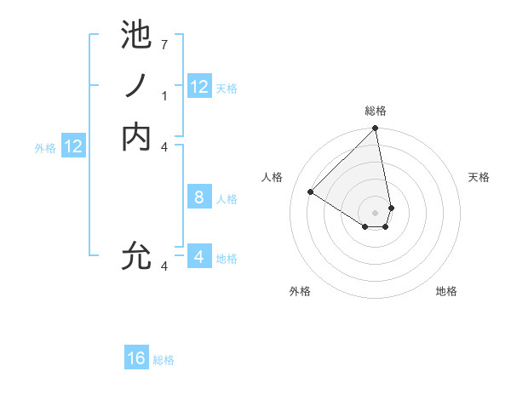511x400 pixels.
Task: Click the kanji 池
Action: pos(136,35)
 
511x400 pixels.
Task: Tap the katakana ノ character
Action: pos(136,86)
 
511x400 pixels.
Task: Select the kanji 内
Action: pos(136,136)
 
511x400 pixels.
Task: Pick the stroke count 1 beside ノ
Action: pos(164,96)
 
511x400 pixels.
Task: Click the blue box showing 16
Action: pos(136,358)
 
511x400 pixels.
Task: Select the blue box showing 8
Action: pos(199,197)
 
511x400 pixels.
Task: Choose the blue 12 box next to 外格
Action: pos(74,146)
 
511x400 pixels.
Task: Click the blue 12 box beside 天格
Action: pos(199,87)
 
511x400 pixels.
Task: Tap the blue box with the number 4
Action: pos(199,256)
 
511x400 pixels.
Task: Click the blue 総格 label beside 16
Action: pos(164,360)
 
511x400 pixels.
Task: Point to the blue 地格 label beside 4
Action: pos(227,259)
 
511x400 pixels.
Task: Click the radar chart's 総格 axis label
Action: pos(376,111)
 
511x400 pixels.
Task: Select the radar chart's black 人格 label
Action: pos(273,177)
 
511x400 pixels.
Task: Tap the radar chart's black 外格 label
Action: pos(300,292)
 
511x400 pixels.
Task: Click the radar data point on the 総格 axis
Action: pos(376,129)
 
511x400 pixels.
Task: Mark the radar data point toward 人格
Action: pos(311,191)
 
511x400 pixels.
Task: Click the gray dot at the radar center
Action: pos(376,212)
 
